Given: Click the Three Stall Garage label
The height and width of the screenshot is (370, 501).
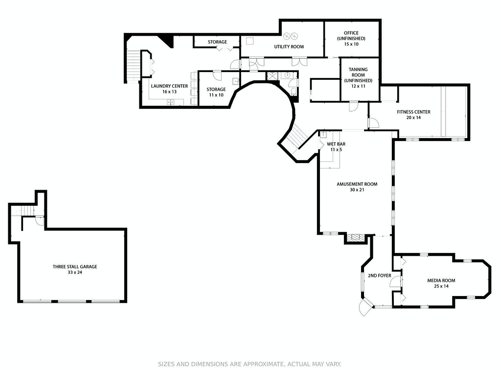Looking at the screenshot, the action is coord(75,267).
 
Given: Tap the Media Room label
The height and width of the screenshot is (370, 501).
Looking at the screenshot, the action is coord(441,280).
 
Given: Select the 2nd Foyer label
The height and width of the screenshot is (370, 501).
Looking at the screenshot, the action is coord(379,275).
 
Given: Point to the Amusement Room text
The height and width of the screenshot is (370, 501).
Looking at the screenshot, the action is coord(357,184).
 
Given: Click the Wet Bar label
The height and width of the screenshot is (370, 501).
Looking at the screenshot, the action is coord(336,144).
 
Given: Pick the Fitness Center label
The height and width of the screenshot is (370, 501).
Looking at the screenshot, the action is coord(413,112).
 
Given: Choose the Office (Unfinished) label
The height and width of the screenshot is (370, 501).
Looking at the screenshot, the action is coord(351,35).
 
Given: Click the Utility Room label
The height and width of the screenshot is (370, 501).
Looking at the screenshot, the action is coord(289,47).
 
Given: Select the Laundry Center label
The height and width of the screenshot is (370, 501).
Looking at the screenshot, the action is coord(169,86).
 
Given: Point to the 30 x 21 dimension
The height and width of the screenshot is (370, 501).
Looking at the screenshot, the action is coord(357,190).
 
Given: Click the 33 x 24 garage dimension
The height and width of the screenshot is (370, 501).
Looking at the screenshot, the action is coord(75,272).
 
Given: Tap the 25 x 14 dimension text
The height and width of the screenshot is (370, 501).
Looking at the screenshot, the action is coord(441,286).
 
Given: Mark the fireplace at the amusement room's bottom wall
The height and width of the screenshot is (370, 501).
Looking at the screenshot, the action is coord(356,238).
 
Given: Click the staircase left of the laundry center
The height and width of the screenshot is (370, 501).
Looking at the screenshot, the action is coord(134,66).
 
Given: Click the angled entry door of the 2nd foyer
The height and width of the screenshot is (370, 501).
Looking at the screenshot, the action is coord(364,307).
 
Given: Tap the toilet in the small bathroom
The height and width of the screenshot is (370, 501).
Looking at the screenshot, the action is coord(294,93).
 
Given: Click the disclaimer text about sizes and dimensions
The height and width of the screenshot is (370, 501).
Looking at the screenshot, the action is coord(250,364).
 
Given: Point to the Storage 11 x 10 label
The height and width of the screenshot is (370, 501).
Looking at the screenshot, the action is coord(216,92).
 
